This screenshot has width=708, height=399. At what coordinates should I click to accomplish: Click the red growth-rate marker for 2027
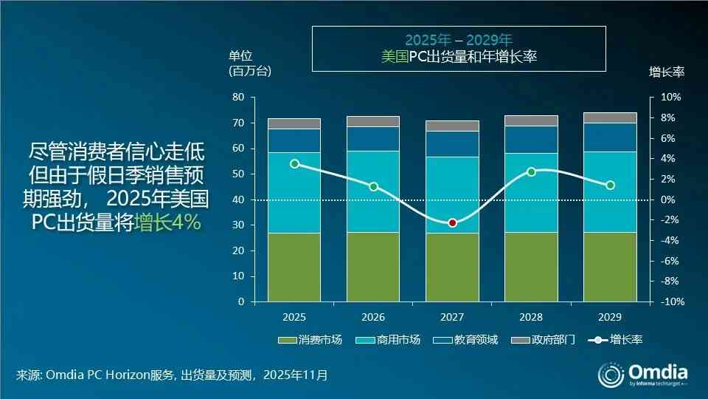452,223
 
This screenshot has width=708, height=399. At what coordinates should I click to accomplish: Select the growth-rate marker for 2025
295,163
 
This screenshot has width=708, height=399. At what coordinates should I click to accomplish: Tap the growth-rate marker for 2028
531,171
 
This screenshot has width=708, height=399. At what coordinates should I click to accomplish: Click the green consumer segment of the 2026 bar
373,267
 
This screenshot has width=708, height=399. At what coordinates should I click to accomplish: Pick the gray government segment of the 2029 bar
610,117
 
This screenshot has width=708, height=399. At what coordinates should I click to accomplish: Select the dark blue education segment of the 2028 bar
531,140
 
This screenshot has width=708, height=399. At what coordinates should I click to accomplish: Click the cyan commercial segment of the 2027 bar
452,194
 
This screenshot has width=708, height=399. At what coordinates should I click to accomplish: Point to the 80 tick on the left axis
238,98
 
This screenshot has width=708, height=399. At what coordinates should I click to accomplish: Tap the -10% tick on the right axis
669,302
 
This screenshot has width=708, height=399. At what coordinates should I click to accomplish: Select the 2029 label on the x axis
610,317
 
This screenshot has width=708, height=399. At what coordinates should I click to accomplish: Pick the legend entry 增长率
616,340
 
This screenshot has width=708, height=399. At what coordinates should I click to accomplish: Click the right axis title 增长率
667,72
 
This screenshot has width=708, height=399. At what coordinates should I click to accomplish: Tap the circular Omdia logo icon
610,375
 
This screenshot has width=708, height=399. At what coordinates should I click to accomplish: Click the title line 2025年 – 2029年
458,40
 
